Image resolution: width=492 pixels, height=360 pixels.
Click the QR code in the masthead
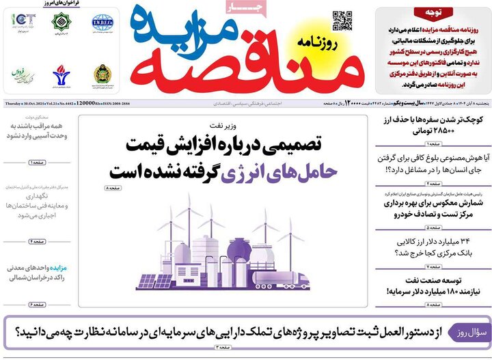[x=342, y=21]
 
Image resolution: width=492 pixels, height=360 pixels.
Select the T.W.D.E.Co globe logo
[x=102, y=22]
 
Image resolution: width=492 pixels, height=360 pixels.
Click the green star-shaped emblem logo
[x=63, y=22]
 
